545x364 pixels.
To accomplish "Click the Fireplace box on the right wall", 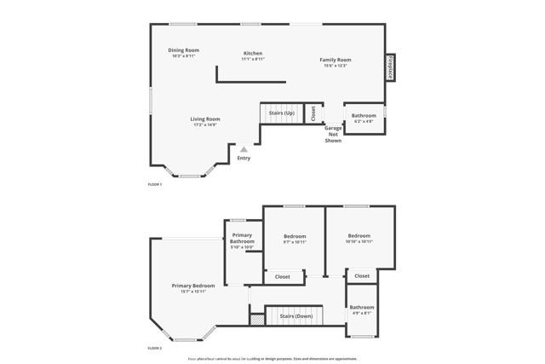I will tap(390, 67).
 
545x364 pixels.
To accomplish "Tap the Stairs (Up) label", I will tap(282, 113).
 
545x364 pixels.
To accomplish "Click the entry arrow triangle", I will tap(244, 149).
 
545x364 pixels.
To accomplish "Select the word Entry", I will tap(244, 158).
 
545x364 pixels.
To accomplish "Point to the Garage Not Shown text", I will tap(333, 134).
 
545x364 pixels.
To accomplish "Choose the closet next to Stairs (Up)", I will tap(313, 113).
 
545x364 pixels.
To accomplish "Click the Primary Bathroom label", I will tap(242, 240).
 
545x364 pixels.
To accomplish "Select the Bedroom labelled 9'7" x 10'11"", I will tap(295, 239).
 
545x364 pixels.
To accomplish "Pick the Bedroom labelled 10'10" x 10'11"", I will tap(359, 238).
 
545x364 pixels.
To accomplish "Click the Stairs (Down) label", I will tap(296, 316).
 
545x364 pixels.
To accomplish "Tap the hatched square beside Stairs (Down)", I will tap(256, 319).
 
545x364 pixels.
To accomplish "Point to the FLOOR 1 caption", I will tap(155, 184).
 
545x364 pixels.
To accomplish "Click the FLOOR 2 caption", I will tap(155, 349).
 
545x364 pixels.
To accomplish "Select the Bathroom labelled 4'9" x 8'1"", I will tap(361, 309).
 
